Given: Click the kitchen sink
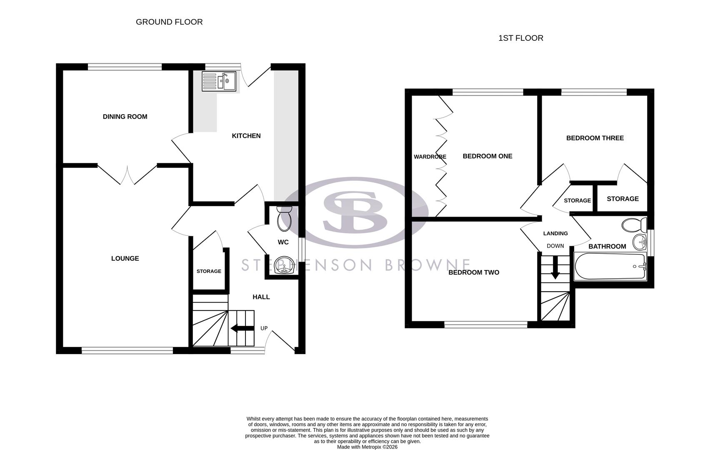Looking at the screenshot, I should [x=219, y=81].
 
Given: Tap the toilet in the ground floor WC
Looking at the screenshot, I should [x=285, y=219].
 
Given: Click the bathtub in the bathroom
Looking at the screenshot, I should [x=610, y=266].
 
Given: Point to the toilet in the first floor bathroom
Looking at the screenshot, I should [x=633, y=225].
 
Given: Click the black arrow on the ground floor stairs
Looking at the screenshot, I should [x=242, y=328].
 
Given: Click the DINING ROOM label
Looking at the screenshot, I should [x=125, y=117].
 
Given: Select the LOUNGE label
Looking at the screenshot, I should [x=125, y=258].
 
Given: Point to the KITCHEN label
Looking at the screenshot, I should [x=246, y=136].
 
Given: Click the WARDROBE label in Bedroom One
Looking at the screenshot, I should [x=430, y=157].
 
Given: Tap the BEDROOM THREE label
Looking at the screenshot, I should [x=595, y=138].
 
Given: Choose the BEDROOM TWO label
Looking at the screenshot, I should [x=474, y=272].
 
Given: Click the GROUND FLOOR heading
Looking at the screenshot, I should [x=169, y=22].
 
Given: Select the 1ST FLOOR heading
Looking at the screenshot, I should [x=521, y=38].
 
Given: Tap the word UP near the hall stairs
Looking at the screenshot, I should [x=264, y=328].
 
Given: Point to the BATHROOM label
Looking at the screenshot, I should [x=607, y=247].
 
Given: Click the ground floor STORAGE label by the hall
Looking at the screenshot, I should [x=209, y=271].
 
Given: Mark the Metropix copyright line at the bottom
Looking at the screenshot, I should [x=367, y=447].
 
